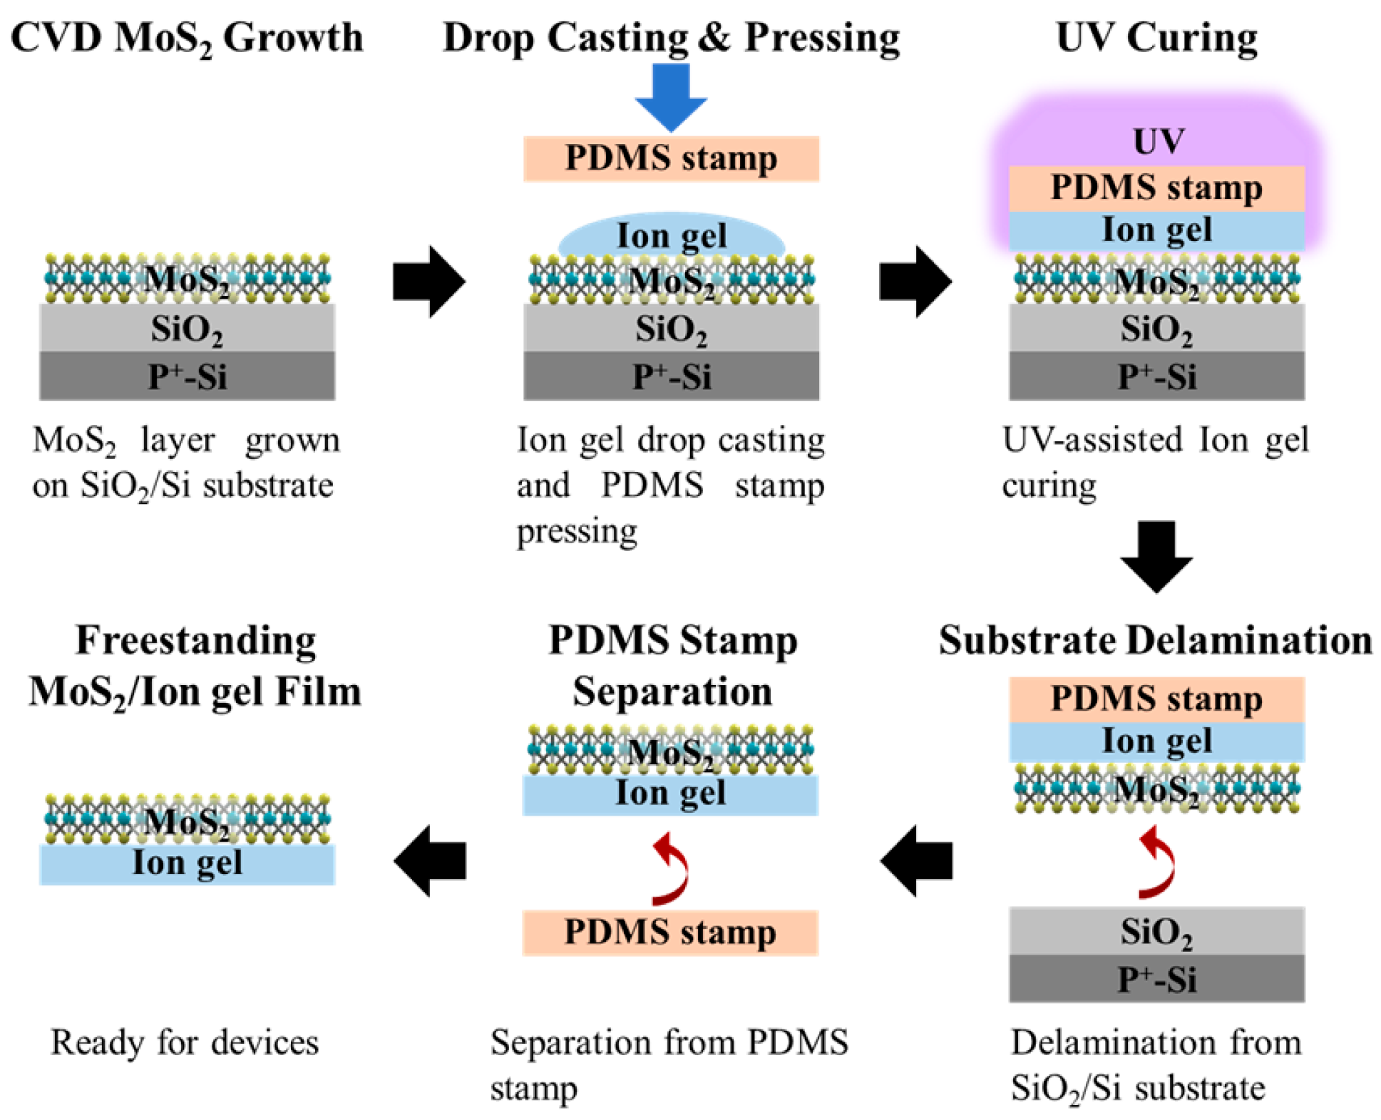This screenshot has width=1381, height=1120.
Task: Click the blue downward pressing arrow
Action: [670, 96]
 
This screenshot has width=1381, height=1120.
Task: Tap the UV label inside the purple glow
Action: [1159, 141]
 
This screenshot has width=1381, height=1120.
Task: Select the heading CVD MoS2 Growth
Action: [187, 38]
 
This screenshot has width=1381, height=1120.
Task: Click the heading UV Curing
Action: [1156, 37]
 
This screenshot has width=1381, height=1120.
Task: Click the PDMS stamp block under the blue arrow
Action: [671, 158]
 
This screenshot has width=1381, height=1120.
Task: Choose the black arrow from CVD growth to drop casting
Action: [429, 282]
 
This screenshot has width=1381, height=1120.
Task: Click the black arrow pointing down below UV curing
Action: [1156, 557]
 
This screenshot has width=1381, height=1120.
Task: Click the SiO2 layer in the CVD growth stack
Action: [187, 327]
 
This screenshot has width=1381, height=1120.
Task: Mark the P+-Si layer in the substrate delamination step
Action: [1156, 978]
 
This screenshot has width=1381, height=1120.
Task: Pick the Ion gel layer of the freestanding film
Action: [187, 864]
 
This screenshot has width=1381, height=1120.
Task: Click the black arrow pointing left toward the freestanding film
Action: [429, 860]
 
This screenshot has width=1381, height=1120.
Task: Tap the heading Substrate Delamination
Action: [1155, 639]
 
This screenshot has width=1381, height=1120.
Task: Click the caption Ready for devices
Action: [185, 1042]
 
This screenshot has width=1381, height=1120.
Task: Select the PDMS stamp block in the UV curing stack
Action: [1156, 188]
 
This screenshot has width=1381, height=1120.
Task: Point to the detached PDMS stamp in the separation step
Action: [670, 932]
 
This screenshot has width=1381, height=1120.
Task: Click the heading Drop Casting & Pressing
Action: [671, 37]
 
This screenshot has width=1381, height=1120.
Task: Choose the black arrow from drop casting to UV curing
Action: [915, 282]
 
